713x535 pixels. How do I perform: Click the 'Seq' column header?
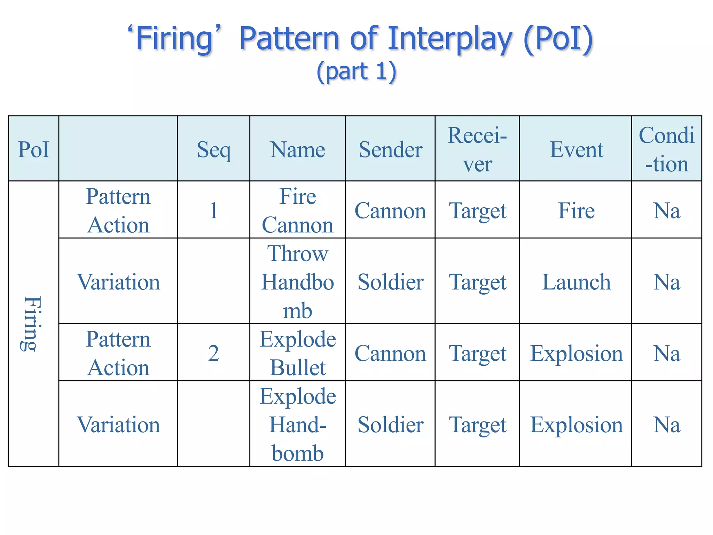pyautogui.click(x=213, y=150)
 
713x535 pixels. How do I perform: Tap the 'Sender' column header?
pyautogui.click(x=390, y=150)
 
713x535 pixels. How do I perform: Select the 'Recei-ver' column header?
pyautogui.click(x=477, y=150)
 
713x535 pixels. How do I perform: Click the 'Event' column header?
pyautogui.click(x=576, y=150)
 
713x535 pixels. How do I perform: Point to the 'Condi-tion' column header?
pyautogui.click(x=666, y=150)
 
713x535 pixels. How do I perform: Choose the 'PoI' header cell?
pyautogui.click(x=33, y=150)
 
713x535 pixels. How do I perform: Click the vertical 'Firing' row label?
pyautogui.click(x=32, y=323)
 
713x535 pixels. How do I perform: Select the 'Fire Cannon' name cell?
pyautogui.click(x=298, y=210)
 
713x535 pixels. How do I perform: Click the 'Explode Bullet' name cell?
pyautogui.click(x=298, y=353)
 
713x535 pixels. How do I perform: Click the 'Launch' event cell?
pyautogui.click(x=576, y=282)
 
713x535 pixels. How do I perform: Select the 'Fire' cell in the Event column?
pyautogui.click(x=576, y=210)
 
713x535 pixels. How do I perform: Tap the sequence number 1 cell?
pyautogui.click(x=213, y=210)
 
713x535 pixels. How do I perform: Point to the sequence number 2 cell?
pyautogui.click(x=213, y=353)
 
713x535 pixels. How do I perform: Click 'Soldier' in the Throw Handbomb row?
pyautogui.click(x=390, y=282)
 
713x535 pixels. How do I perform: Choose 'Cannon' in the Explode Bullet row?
pyautogui.click(x=390, y=353)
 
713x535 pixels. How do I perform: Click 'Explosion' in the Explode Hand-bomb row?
pyautogui.click(x=576, y=425)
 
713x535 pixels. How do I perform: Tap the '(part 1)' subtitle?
pyautogui.click(x=356, y=71)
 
